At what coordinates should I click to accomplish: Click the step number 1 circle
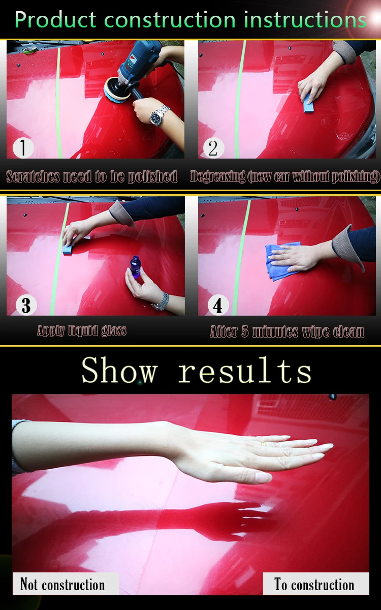click(23, 148)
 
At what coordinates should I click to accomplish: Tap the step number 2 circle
click(214, 148)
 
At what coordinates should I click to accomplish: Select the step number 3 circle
click(26, 305)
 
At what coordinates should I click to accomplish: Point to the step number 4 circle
click(218, 305)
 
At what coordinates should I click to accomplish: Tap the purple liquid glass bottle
click(135, 266)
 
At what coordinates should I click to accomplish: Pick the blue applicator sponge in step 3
click(68, 249)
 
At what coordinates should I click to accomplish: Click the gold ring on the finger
click(263, 444)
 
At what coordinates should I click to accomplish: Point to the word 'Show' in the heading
click(119, 371)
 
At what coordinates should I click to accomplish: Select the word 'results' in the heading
click(245, 371)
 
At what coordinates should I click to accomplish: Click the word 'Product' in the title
click(55, 20)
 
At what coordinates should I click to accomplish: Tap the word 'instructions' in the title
click(305, 20)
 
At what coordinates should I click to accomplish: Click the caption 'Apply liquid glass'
click(82, 330)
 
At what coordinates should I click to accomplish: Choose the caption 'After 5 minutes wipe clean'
click(287, 331)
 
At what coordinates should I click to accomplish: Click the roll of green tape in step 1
click(29, 50)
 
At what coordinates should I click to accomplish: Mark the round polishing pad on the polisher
click(114, 91)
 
